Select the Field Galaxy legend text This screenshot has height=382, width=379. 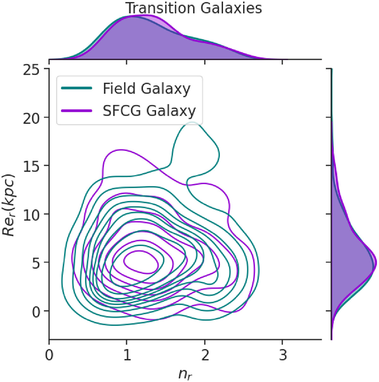pos(147,89)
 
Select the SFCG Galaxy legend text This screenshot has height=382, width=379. pos(149,111)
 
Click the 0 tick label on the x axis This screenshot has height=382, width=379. pos(49,355)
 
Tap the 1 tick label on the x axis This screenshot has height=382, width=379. pos(127,355)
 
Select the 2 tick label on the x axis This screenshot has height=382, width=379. pos(205,355)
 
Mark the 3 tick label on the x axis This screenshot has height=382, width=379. pos(283,355)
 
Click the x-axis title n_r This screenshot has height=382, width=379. pos(185,374)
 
